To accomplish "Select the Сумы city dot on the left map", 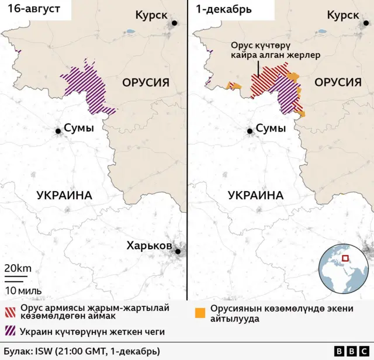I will (58, 131).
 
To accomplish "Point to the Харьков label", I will (149, 245).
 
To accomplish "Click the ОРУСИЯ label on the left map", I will (146, 83).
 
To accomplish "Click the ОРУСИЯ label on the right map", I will (338, 83).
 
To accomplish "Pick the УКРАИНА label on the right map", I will (256, 195).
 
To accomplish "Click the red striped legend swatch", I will (11, 311).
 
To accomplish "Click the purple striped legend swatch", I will (11, 331).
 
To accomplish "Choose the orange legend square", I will (202, 312).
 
